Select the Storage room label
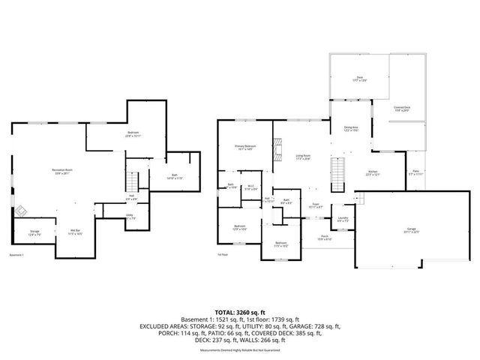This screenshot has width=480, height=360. [x=34, y=232]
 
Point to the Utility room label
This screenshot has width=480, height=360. [x=130, y=217]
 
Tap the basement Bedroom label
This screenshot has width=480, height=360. [x=132, y=134]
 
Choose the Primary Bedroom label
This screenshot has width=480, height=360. [x=244, y=148]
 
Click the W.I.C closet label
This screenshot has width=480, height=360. [x=251, y=187]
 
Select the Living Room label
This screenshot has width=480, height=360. [x=303, y=157]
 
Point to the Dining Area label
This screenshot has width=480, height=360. [x=349, y=129]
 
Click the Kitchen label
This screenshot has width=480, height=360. [x=373, y=173]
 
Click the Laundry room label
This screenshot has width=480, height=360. [x=342, y=219]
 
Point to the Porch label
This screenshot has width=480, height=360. [x=325, y=238]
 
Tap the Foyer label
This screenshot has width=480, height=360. [x=316, y=204]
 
